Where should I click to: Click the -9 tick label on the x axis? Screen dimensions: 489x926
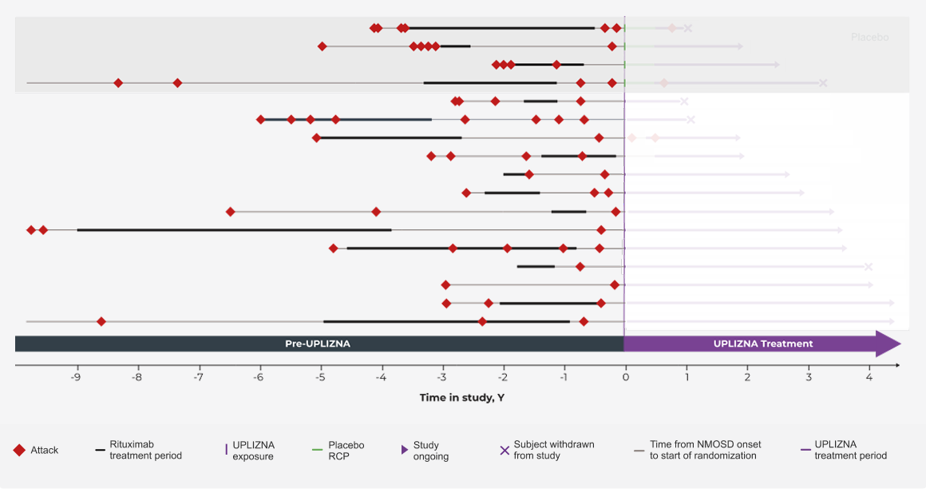tap(76, 377)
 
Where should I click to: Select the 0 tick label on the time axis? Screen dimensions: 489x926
tap(625, 377)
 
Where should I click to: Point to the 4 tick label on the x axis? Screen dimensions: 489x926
tap(869, 377)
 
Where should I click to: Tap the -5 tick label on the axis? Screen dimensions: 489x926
tap(320, 377)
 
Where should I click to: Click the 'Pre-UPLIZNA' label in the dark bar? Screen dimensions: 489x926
tap(318, 344)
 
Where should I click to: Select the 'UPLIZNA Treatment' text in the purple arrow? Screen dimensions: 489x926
tap(763, 344)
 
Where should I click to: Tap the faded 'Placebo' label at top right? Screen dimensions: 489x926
tap(869, 38)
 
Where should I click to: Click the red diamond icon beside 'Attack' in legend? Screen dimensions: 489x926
tap(19, 450)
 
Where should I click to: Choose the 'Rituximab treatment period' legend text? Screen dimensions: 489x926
tap(145, 450)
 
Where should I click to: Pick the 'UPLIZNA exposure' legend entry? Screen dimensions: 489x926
tap(253, 450)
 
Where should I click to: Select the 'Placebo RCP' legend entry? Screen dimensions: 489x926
tap(346, 450)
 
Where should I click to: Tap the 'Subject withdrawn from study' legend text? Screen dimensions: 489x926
tap(553, 450)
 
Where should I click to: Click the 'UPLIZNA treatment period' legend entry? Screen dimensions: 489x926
tap(850, 450)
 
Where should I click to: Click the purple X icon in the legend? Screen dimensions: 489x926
tap(505, 450)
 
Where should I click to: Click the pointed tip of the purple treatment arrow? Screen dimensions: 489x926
tap(899, 344)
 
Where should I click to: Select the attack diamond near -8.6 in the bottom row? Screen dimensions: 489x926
tap(101, 321)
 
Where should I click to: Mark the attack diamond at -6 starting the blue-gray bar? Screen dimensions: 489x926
tap(261, 119)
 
